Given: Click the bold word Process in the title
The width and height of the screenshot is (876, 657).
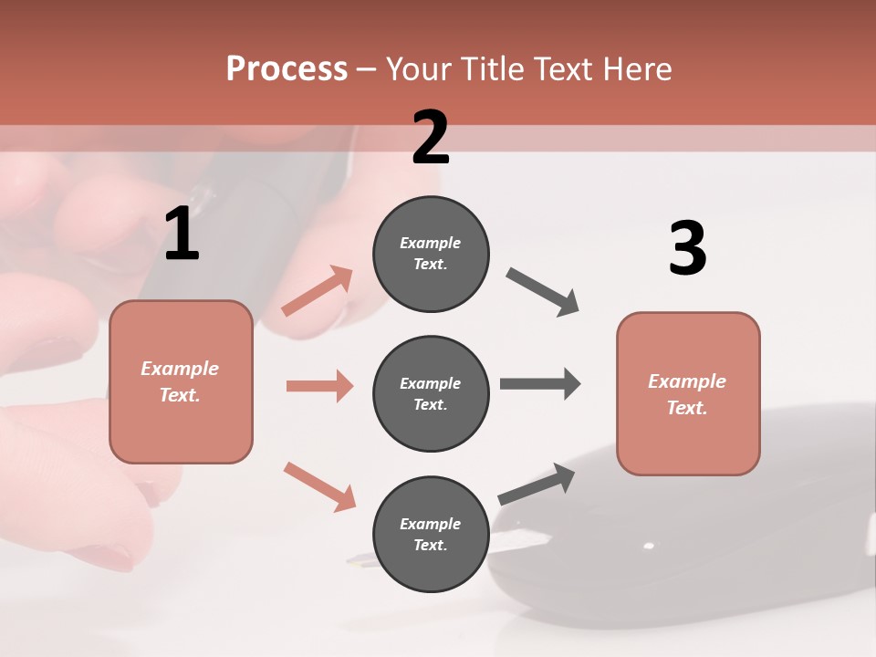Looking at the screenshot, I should (x=287, y=69).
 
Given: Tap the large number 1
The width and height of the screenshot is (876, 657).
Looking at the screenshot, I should (x=182, y=234).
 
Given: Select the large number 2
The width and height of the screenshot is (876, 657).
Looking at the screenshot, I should (x=431, y=138).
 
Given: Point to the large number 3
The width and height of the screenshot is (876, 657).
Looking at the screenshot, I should (x=687, y=248).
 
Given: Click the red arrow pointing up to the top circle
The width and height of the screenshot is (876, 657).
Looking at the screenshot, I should (x=318, y=291).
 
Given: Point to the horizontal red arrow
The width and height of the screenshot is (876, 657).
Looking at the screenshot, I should (x=319, y=386).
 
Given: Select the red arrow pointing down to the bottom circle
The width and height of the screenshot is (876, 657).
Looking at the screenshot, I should (x=319, y=486).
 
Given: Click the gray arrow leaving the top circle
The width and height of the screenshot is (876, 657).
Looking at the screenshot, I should (x=543, y=292).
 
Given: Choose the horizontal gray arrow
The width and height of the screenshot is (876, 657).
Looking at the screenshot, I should (x=540, y=383).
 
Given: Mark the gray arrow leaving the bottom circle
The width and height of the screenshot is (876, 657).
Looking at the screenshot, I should (x=537, y=485).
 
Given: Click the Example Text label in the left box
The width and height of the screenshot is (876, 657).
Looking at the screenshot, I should (x=180, y=381).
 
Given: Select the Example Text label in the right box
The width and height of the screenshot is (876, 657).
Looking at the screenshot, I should (x=687, y=394).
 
